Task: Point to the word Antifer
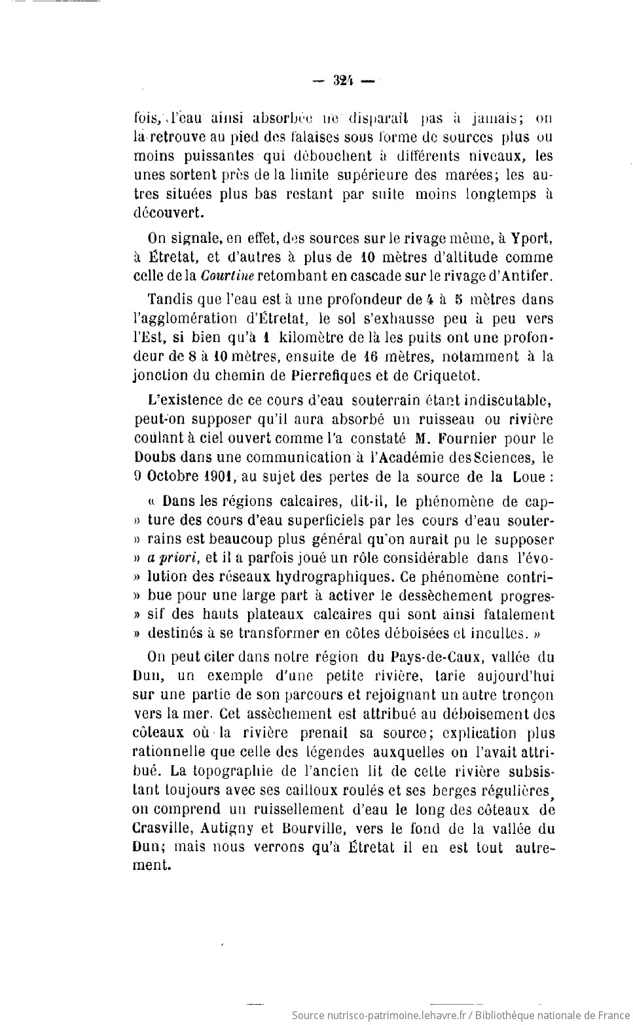point(526,276)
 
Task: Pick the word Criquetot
point(452,375)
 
